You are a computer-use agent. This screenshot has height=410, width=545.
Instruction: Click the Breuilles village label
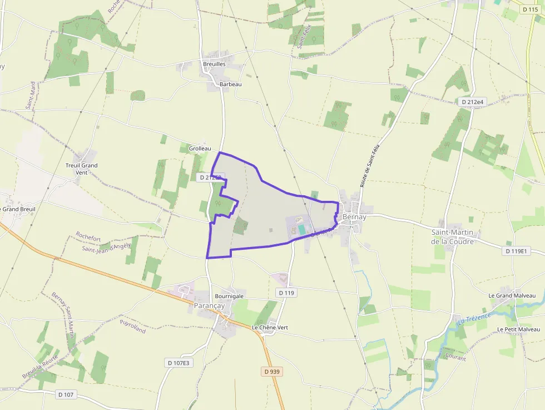pos(214,64)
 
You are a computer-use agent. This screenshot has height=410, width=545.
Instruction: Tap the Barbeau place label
pos(231,84)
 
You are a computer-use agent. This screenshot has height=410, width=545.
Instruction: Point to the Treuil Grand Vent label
pos(82,169)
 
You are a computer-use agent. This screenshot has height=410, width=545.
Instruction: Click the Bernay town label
pos(355,217)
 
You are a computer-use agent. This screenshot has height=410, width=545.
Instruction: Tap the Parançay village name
pos(209,306)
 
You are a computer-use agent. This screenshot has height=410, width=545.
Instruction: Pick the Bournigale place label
pos(229,297)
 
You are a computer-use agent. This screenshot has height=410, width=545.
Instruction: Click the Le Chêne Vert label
pos(270,328)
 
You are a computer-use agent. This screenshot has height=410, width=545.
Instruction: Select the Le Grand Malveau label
pos(512,295)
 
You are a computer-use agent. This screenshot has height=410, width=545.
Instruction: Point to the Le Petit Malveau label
pos(519,329)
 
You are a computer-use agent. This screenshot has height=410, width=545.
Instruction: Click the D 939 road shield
pos(271,371)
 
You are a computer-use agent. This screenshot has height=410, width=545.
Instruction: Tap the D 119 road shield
pos(286,293)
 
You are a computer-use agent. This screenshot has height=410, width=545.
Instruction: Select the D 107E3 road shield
pos(179,363)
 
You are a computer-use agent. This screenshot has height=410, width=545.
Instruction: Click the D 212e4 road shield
pos(473,102)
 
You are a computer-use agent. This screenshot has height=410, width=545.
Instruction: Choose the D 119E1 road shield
pos(516,251)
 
